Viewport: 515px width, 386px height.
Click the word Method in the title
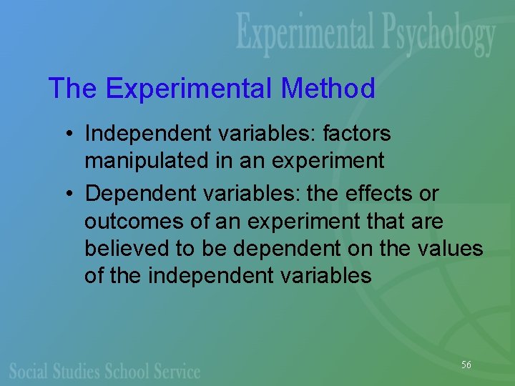pos(328,89)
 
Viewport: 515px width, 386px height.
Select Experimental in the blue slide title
pos(189,89)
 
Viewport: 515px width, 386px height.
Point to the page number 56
pos(466,365)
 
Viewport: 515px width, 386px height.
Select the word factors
pos(357,134)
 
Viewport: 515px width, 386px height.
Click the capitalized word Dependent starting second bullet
pos(134,194)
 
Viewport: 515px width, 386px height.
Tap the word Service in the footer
pos(176,371)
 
